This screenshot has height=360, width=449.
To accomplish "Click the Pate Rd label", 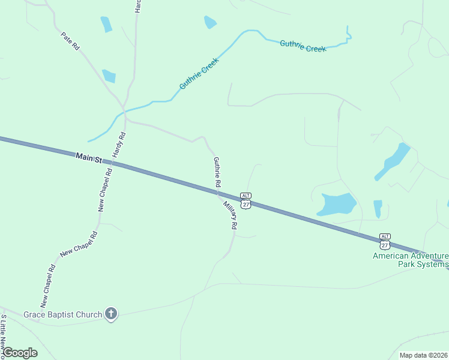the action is (x=70, y=41).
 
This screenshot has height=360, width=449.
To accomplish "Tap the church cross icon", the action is (x=110, y=313).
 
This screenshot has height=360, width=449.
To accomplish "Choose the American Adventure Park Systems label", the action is (x=410, y=260).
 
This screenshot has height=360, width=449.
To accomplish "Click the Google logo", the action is (x=19, y=353).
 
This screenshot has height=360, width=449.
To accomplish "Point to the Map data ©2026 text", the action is (x=423, y=355).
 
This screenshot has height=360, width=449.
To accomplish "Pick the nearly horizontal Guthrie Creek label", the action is (x=303, y=46).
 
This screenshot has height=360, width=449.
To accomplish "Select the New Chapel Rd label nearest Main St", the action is (x=105, y=190).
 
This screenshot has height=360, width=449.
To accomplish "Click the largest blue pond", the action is (x=336, y=204).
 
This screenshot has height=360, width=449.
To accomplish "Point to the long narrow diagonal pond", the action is (x=392, y=161).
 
